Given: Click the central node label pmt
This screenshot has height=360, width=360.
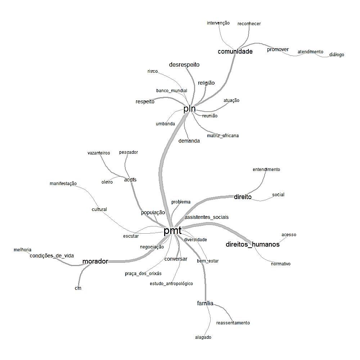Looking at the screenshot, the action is click(172, 231).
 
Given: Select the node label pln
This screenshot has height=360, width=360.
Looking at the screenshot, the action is click(189, 108).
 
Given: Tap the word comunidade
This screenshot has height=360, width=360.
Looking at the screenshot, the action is click(235, 51).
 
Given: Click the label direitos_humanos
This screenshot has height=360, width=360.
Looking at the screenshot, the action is click(252, 244).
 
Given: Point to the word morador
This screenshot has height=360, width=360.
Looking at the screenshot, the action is click(95, 261).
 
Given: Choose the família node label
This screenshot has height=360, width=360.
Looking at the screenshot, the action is click(205, 303).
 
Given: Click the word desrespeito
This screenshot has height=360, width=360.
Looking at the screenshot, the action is click(184, 65).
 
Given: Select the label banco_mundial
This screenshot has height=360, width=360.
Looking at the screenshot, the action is click(171, 90).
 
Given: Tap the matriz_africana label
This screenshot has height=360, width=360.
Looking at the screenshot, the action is click(222, 136).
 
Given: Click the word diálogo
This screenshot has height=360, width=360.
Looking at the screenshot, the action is click(337, 55).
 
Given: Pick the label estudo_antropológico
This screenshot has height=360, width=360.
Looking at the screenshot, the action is click(171, 284).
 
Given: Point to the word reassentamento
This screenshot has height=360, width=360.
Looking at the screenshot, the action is click(233, 323).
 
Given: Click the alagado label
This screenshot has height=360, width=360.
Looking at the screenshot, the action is click(203, 337).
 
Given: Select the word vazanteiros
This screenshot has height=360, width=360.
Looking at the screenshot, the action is click(99, 153).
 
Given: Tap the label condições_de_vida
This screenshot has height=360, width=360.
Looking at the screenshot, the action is click(51, 256).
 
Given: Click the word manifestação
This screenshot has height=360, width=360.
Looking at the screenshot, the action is click(63, 184).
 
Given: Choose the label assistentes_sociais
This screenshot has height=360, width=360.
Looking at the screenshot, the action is click(206, 217).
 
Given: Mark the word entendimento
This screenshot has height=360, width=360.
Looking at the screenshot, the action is click(266, 170).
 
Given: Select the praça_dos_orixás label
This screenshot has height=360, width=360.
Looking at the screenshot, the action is click(143, 274).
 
